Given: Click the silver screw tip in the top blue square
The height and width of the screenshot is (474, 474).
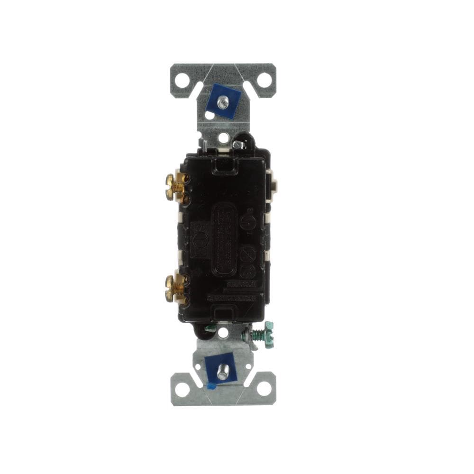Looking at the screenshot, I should (223, 100).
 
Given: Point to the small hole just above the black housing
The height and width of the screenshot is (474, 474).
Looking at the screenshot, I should (223, 138).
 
